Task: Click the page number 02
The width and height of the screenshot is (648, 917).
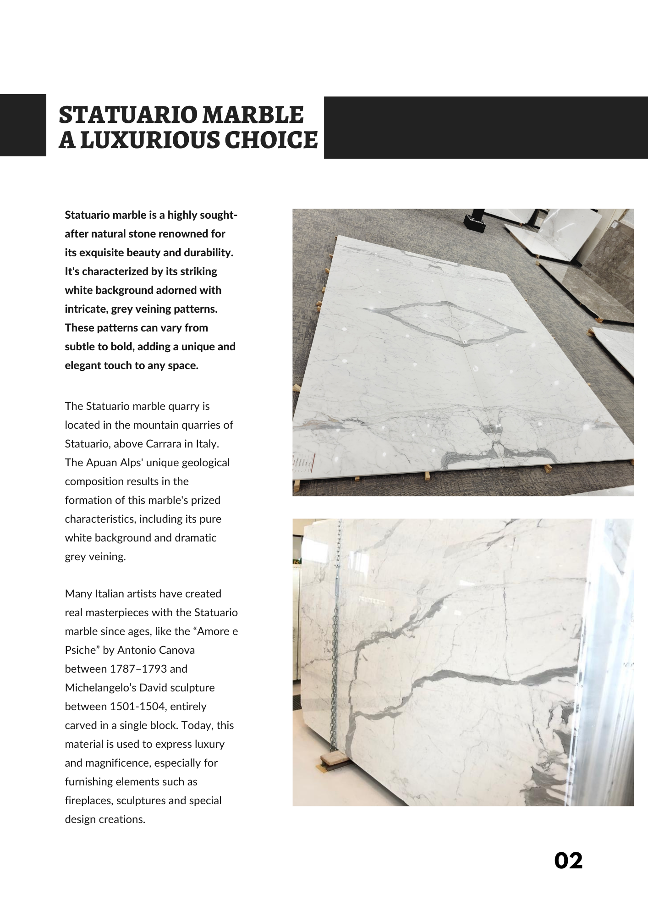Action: (x=568, y=861)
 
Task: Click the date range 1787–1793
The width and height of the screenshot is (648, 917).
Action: (x=138, y=669)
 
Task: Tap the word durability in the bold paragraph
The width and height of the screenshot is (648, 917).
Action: (x=208, y=253)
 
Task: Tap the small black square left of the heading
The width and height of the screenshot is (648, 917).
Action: (x=23, y=125)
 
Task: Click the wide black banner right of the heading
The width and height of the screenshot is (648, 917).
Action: (x=486, y=127)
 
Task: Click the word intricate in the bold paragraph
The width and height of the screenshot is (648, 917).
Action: (x=86, y=309)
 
